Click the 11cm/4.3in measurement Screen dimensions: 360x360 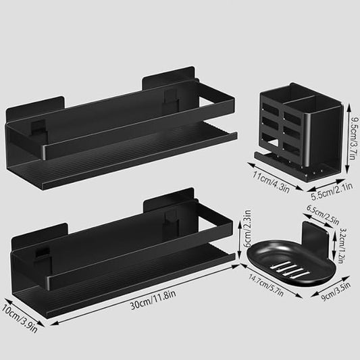[270, 182]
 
